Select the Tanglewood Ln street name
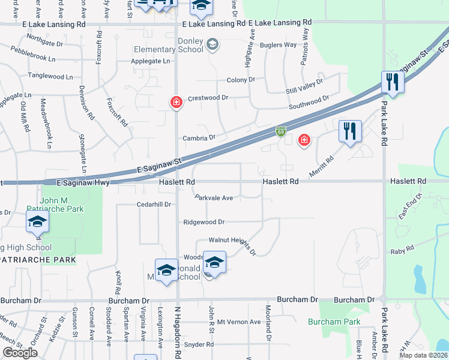[x=50, y=77]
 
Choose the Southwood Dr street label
[x=309, y=102]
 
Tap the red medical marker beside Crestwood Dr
[x=176, y=103]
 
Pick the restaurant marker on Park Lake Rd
[x=393, y=82]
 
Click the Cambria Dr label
[x=199, y=137]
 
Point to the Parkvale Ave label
[x=214, y=197]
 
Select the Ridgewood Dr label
[x=203, y=222]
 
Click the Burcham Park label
[x=334, y=322]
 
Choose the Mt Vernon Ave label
[x=239, y=322]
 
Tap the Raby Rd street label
[x=402, y=249]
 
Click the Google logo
[x=20, y=353]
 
